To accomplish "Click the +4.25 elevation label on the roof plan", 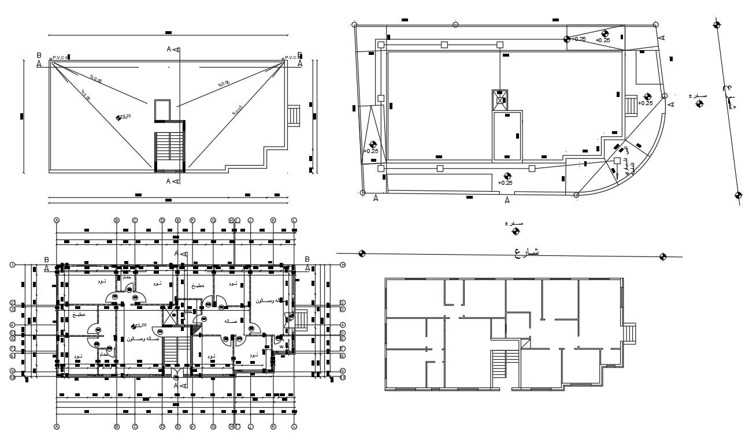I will click(125, 117).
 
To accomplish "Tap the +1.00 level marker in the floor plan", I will click(139, 325).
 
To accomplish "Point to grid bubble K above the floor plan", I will click(273, 220).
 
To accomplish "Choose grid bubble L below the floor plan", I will click(294, 427).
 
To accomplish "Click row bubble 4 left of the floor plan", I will click(12, 325).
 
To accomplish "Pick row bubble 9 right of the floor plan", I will click(342, 371).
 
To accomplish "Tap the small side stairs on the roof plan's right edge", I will click(294, 115).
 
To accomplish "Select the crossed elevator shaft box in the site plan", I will click(499, 100).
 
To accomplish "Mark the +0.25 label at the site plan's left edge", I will click(371, 151).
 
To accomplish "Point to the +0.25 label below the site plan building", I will click(506, 183).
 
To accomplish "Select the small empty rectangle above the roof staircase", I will click(162, 109).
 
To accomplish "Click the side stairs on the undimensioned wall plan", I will click(629, 334).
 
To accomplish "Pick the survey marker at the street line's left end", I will click(362, 253).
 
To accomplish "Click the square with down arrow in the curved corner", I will click(617, 161).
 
